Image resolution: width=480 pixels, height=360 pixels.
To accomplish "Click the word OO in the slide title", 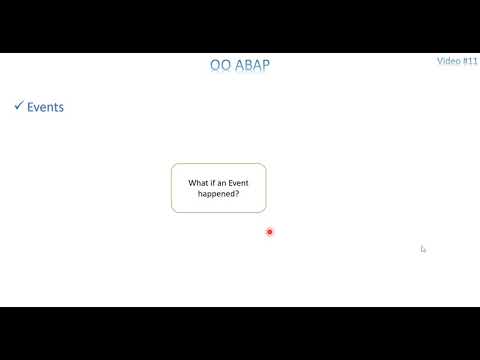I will click(x=219, y=66).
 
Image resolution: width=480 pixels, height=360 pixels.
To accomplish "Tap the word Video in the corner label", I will click(x=448, y=60).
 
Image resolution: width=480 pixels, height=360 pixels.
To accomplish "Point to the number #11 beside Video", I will click(x=469, y=60).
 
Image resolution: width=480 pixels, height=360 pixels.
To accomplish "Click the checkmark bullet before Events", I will click(x=18, y=105).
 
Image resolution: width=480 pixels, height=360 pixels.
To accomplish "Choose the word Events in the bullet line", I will click(x=45, y=107).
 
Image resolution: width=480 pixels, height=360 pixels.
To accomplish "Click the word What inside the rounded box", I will click(x=198, y=182).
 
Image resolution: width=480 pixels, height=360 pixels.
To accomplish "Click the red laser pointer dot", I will click(x=269, y=232).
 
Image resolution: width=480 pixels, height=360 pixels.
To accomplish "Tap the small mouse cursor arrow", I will click(x=423, y=249).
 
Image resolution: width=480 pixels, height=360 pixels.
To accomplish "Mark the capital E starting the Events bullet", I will click(x=30, y=107).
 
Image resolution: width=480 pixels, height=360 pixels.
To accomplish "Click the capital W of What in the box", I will click(x=191, y=182).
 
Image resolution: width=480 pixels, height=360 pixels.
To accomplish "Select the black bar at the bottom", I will click(x=240, y=333).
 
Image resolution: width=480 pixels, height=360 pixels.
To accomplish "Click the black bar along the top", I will click(x=240, y=26).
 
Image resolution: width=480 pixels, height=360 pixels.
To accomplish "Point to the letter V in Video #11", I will click(x=440, y=60).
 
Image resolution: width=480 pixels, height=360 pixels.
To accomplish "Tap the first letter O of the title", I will click(x=215, y=66).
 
